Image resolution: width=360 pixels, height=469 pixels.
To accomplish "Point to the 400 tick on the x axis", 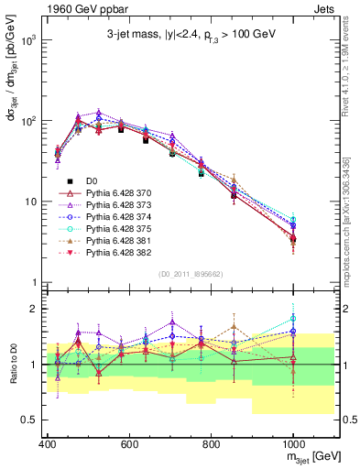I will [48, 444].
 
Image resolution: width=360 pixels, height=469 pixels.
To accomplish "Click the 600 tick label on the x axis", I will [129, 444].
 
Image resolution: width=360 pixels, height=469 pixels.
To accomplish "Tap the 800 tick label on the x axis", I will [211, 444].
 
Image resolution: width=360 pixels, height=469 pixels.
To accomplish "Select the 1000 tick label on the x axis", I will [292, 444].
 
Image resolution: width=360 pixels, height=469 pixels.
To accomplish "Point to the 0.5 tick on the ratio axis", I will [29, 420].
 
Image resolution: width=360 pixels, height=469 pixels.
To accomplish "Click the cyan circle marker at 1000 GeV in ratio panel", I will [293, 318].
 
